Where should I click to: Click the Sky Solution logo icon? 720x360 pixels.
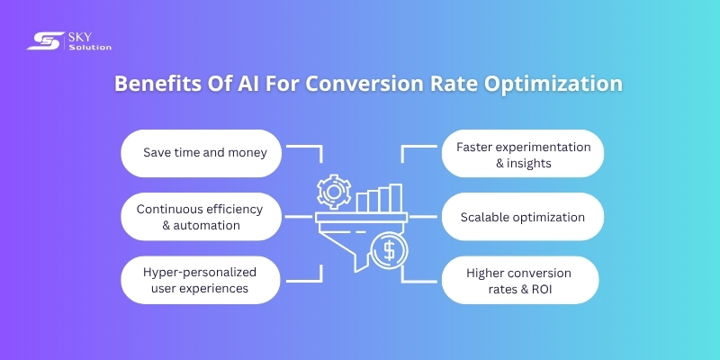tap(41, 40)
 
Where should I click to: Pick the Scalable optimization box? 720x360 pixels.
tap(523, 217)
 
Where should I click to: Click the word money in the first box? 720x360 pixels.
tap(248, 153)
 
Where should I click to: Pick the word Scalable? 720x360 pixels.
tap(488, 217)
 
